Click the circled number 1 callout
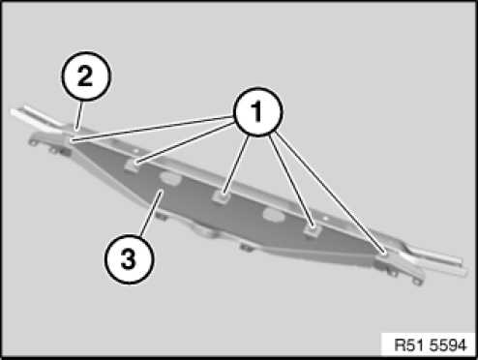(257, 111)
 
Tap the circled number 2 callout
(85, 76)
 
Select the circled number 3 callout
(129, 259)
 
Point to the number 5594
(449, 345)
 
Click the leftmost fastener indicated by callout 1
(72, 140)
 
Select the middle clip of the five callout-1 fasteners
(222, 196)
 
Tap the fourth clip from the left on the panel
(312, 229)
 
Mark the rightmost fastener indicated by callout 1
(384, 254)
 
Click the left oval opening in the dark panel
(170, 178)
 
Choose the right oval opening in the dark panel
(274, 216)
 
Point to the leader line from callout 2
(79, 115)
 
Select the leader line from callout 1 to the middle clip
(236, 165)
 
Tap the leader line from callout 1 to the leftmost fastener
(152, 129)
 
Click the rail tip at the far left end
(14, 112)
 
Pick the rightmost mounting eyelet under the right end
(417, 283)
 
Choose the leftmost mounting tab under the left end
(32, 142)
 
